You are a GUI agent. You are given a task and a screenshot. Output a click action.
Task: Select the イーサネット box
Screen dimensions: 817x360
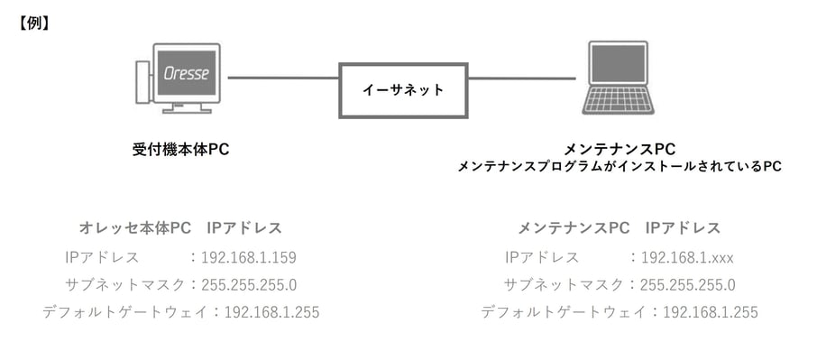point(403,90)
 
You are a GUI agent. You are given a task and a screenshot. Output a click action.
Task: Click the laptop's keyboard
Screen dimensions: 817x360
point(618,99)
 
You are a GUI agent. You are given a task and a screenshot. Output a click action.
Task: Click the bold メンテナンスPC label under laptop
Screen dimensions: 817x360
point(619,148)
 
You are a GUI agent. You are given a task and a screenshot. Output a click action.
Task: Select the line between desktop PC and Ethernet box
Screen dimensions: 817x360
point(282,78)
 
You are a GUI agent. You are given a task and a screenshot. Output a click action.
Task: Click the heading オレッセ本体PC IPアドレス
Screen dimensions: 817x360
point(180,227)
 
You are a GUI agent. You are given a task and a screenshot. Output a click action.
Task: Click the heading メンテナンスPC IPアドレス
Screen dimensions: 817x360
point(619,227)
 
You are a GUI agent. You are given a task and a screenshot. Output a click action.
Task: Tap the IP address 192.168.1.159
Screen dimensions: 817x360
point(249,257)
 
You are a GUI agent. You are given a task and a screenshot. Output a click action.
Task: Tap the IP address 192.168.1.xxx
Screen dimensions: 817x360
point(687,257)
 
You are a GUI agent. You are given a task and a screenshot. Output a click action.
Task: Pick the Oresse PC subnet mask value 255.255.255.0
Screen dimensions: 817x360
point(249,285)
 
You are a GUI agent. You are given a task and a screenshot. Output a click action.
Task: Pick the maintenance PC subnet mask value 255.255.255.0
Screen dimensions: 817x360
point(687,285)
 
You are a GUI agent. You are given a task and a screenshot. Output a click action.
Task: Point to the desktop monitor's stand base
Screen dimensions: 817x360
point(187,111)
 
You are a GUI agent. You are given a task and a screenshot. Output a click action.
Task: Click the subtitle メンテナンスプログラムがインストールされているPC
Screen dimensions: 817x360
point(619,167)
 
